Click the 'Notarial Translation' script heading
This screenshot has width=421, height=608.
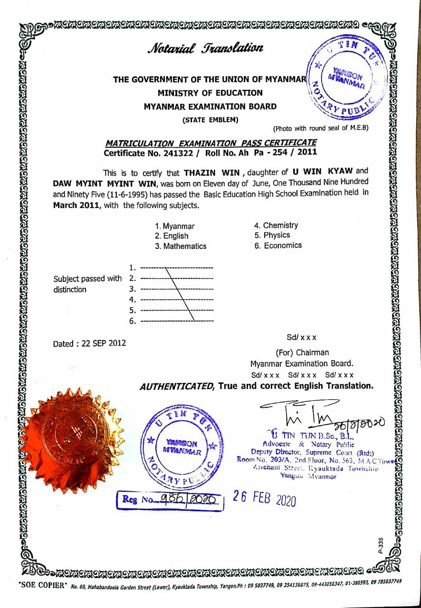205,48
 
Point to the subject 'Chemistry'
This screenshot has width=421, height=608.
280,226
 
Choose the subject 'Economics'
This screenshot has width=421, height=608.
282,246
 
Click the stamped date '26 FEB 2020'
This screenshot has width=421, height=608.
265,498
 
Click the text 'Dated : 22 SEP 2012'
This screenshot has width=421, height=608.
89,343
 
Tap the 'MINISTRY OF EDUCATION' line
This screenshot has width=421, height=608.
210,93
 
